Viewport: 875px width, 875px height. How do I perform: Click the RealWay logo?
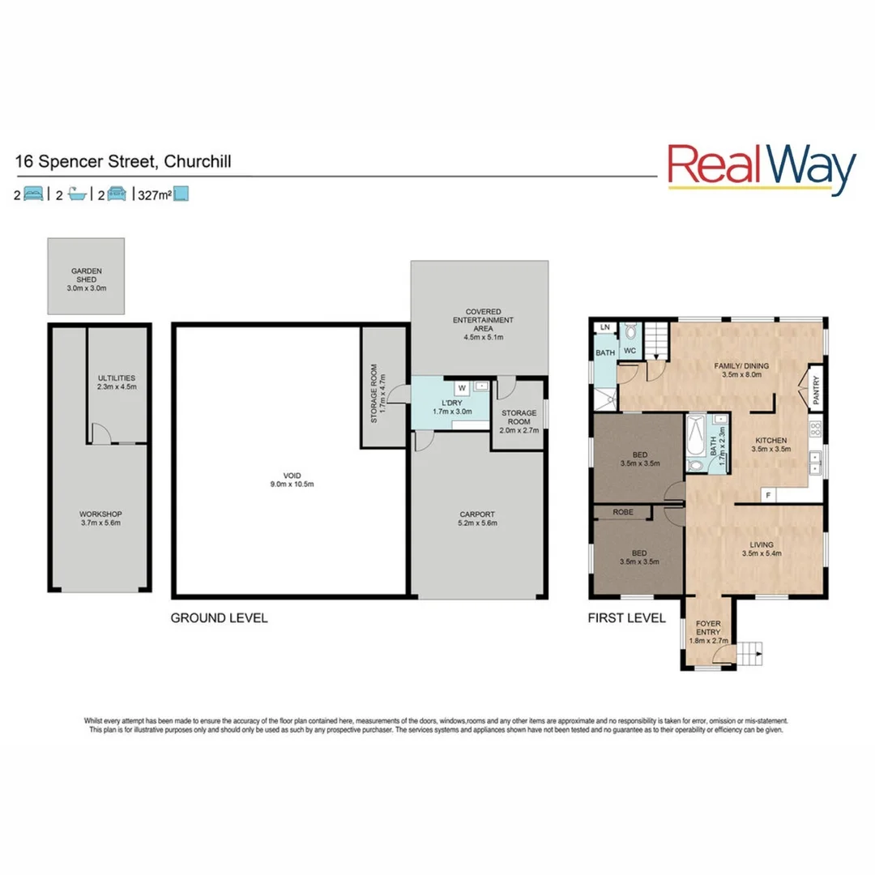(x=761, y=169)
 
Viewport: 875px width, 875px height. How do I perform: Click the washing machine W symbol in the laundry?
(x=460, y=387)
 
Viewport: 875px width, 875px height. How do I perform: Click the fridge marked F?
(x=767, y=493)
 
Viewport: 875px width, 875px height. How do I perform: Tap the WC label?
(x=630, y=351)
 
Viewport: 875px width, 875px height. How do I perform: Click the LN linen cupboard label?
(x=604, y=327)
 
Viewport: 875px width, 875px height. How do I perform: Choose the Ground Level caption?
(x=219, y=618)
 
